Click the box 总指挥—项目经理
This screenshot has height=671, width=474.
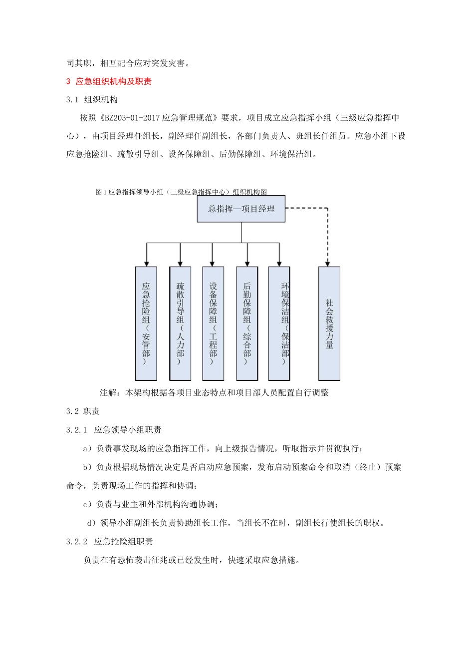click(241, 209)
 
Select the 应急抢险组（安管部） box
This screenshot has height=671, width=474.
click(146, 323)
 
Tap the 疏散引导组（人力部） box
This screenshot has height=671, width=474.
click(180, 323)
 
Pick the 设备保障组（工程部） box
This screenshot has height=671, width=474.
click(213, 323)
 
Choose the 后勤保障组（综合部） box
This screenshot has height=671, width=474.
click(247, 323)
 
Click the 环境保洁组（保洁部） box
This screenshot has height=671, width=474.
click(279, 323)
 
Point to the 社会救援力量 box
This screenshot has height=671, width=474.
click(329, 323)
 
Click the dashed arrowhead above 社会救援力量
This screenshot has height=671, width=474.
click(328, 263)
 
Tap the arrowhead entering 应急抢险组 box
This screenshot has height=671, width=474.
click(146, 263)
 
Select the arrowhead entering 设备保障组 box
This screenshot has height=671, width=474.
click(213, 263)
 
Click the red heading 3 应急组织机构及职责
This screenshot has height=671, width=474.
click(109, 81)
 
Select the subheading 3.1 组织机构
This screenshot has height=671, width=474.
click(92, 100)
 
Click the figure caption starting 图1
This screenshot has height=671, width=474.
click(181, 192)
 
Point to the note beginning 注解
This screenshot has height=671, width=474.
click(214, 393)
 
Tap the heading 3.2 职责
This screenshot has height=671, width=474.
click(83, 411)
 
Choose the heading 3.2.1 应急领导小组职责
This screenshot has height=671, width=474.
click(114, 430)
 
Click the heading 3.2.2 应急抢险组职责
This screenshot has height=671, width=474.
click(110, 542)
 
